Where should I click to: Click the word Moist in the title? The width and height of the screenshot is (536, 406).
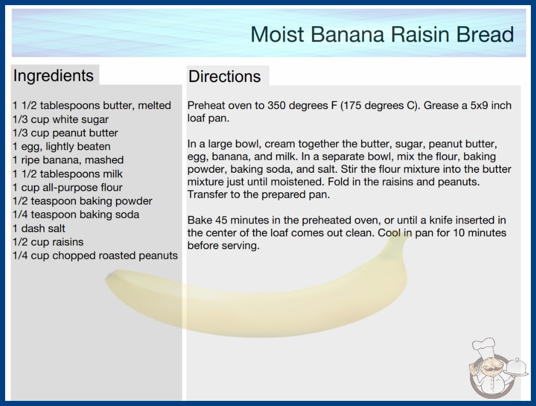(x=277, y=34)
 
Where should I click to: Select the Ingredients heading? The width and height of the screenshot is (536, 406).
(x=53, y=76)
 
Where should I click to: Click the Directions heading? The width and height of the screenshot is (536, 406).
(x=224, y=76)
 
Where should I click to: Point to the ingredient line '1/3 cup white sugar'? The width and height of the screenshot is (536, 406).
(x=60, y=119)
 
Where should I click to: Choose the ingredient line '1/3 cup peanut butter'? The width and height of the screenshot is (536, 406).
(x=65, y=133)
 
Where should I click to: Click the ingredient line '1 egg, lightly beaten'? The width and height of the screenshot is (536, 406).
(x=61, y=147)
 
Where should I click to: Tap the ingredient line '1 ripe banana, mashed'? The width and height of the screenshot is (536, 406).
(x=68, y=160)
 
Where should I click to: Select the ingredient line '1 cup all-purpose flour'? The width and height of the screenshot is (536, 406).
(x=67, y=188)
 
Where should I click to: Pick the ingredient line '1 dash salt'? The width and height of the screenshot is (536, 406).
(x=38, y=228)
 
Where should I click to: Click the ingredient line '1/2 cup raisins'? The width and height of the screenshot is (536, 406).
(x=48, y=242)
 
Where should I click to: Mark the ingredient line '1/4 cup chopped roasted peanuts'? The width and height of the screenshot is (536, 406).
(x=95, y=255)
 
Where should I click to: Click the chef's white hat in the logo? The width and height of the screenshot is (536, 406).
(x=484, y=348)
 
